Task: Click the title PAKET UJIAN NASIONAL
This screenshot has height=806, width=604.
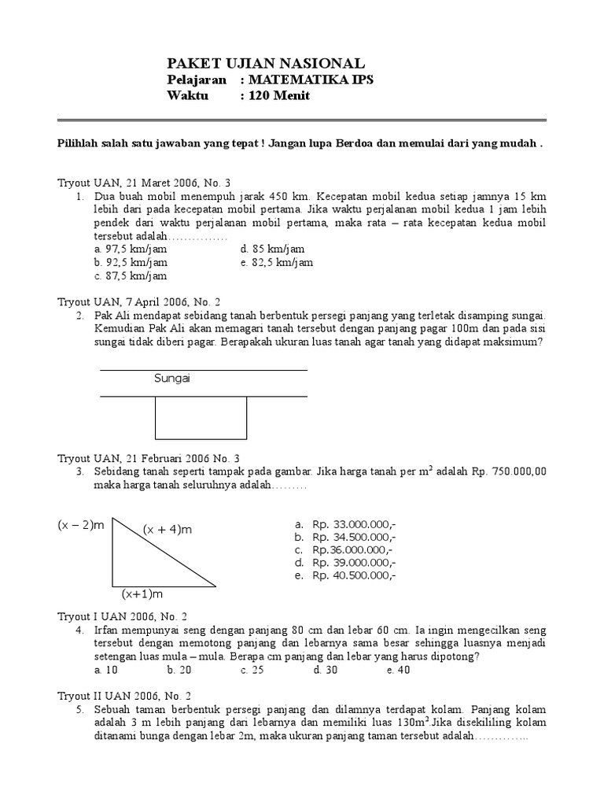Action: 266,64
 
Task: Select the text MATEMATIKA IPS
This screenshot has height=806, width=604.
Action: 312,80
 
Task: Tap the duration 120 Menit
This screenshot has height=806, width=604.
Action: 280,96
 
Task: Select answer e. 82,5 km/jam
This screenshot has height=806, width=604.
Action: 277,263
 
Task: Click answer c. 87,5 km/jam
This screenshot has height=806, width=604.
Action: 130,276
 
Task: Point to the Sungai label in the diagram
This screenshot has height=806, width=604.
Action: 172,379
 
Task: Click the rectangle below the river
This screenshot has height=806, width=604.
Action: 201,417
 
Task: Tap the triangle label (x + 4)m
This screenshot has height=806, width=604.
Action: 167,530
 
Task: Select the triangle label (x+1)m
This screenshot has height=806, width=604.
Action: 142,593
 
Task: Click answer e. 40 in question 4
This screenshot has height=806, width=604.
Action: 398,670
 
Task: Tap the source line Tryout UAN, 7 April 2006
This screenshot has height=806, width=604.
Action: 140,301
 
